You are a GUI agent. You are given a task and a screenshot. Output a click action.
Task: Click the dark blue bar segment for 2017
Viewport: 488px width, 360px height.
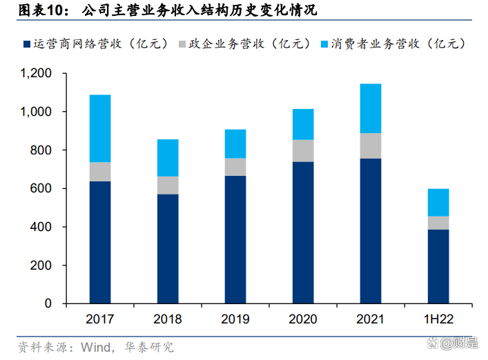pos(100,242)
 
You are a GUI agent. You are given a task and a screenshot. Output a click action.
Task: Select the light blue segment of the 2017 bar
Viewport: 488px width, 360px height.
pos(100,128)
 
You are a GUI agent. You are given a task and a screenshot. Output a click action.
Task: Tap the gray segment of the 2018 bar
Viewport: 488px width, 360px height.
pos(168,186)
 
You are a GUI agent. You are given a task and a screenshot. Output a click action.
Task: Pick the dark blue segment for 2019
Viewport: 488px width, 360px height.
pos(235,239)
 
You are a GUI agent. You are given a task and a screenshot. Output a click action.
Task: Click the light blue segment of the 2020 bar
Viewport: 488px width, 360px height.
pos(303,124)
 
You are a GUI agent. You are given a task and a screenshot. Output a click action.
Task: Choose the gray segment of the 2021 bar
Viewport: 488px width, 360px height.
pos(371,146)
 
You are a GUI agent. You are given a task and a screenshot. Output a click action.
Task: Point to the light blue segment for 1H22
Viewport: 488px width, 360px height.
pos(438,202)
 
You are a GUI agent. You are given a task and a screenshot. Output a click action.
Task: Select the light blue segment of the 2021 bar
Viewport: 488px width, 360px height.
pos(371,108)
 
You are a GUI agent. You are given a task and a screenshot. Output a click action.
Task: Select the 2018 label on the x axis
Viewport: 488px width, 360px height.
pos(168,319)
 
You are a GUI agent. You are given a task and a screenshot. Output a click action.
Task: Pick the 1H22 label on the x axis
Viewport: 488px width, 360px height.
pos(438,319)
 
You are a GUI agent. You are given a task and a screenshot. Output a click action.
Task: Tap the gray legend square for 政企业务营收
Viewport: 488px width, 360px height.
pos(183,44)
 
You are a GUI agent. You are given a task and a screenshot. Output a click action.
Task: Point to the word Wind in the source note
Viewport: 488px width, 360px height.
pos(97,346)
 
